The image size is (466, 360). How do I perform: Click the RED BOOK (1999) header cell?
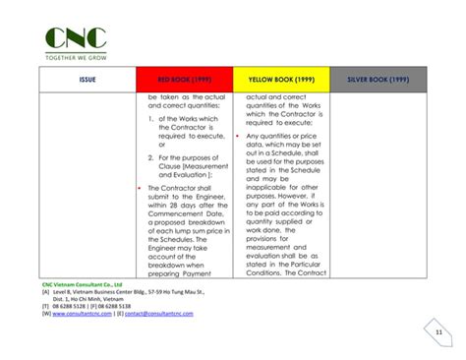pos(185,79)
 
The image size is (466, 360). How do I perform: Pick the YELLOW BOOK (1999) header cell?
pos(280,79)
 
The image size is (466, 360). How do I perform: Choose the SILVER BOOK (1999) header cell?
pos(379,79)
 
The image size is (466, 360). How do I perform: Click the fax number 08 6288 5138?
pos(117,306)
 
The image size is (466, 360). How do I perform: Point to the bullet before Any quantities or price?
pos(239,137)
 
